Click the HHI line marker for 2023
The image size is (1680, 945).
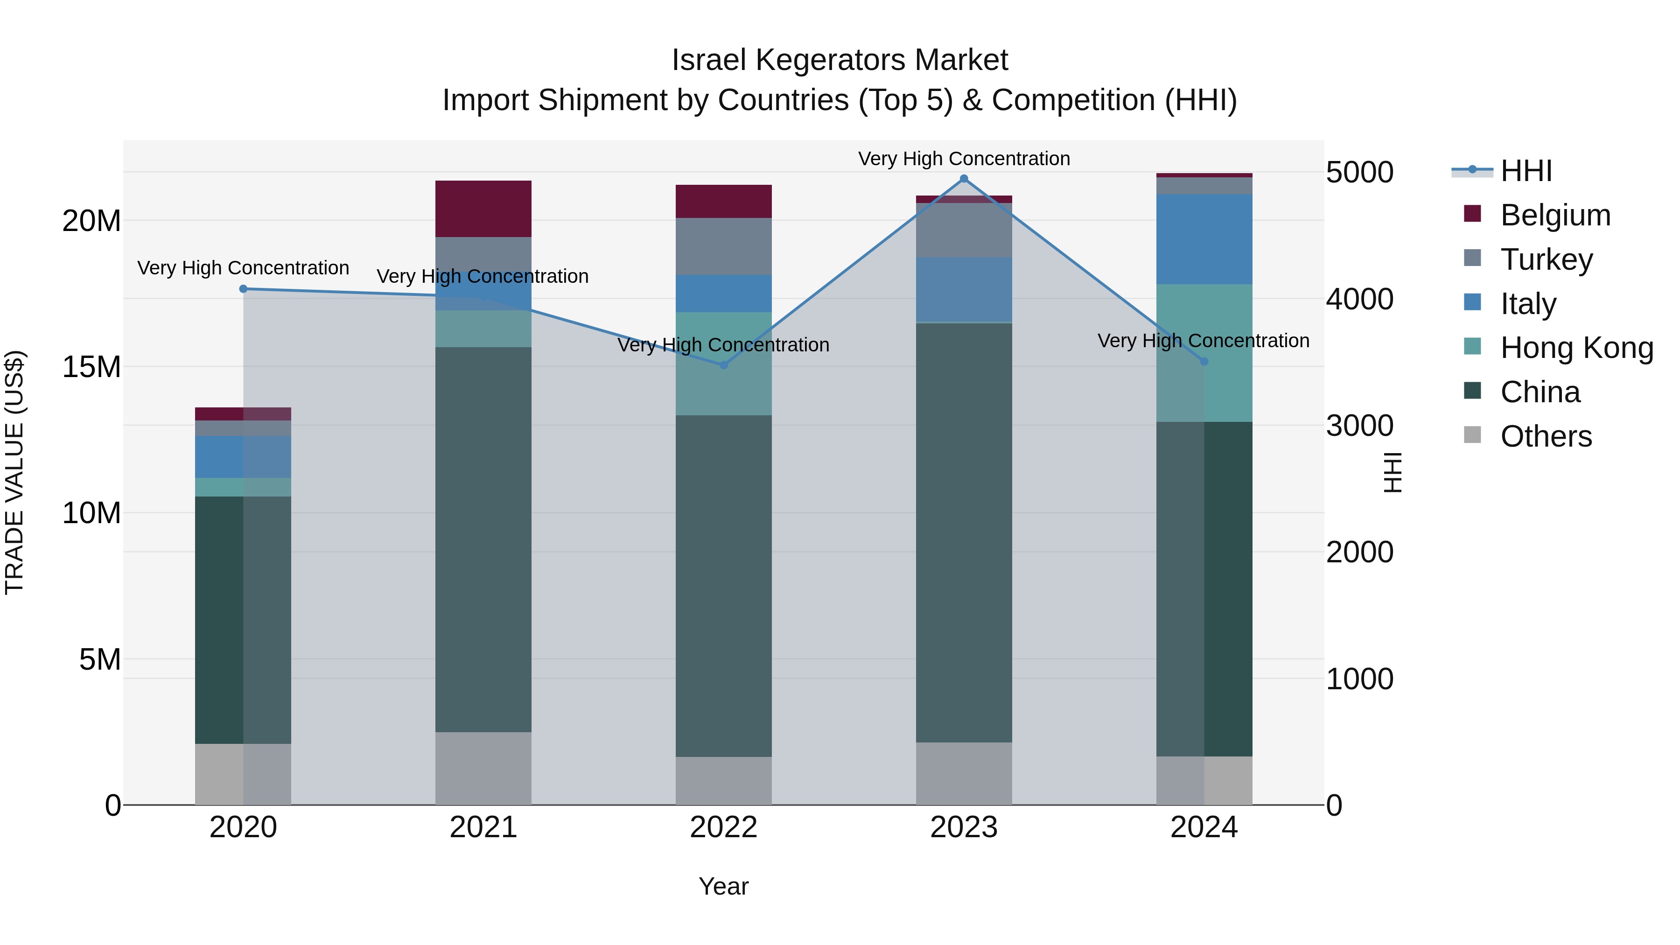click(x=964, y=179)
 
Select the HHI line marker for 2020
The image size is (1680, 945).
click(x=243, y=289)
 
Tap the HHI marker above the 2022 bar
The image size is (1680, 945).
click(x=723, y=365)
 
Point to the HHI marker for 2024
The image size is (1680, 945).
click(x=1204, y=361)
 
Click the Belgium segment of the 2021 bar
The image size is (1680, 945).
click(x=483, y=209)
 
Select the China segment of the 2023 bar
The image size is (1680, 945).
click(x=964, y=532)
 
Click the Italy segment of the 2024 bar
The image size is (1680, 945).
click(x=1204, y=238)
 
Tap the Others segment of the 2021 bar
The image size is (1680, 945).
click(x=483, y=768)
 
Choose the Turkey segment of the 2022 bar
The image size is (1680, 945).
click(x=723, y=246)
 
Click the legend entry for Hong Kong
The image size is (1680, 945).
click(x=1576, y=348)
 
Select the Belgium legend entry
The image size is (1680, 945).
click(x=1555, y=215)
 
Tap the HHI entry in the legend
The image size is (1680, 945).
click(x=1526, y=171)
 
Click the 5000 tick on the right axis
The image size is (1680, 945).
click(x=1360, y=173)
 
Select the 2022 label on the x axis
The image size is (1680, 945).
click(x=723, y=827)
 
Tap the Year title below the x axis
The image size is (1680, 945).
click(x=723, y=886)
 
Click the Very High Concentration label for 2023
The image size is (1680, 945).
click(x=964, y=159)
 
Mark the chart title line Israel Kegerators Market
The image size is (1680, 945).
click(x=840, y=60)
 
